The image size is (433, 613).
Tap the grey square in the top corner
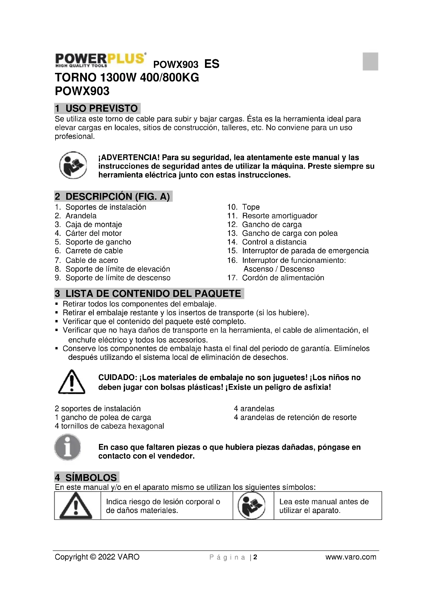tap(370, 61)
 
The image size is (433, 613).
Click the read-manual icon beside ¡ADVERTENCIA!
tap(73, 165)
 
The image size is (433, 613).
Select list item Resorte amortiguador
tap(279, 216)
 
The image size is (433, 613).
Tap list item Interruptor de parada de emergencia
tap(305, 251)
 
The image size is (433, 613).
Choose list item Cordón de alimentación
tap(283, 278)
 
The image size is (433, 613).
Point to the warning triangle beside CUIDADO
tap(71, 382)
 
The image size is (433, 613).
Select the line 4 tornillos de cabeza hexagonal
tap(109, 426)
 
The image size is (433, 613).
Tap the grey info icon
tap(68, 447)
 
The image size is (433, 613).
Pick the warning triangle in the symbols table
tap(76, 506)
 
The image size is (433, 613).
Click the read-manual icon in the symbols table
tap(251, 506)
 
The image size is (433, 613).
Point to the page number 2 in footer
tap(255, 557)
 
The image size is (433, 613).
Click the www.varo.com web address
tap(351, 557)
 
